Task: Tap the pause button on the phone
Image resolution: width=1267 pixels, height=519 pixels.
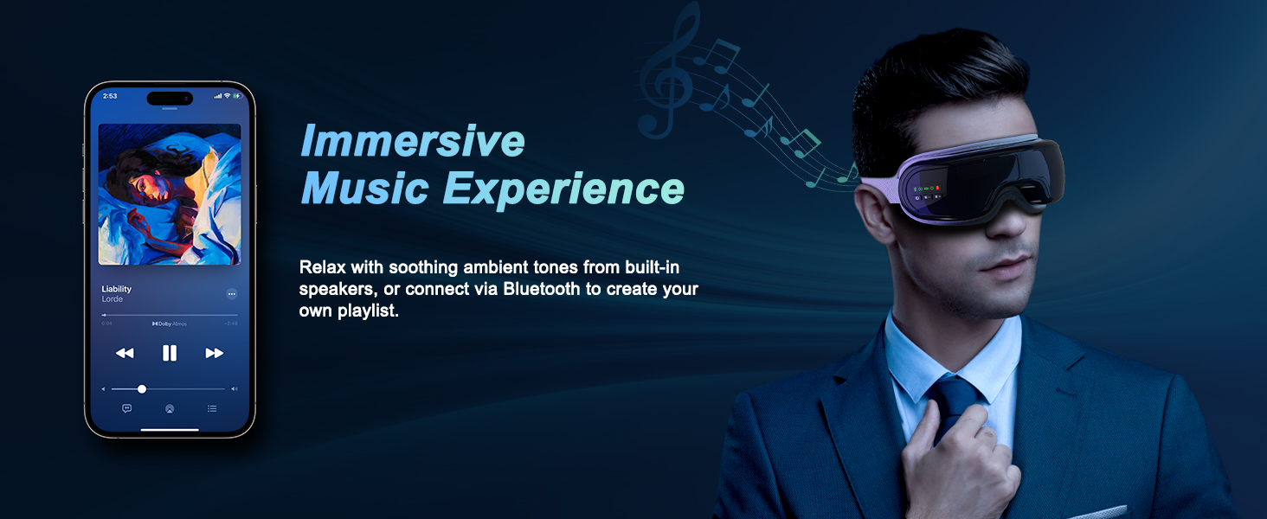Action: point(170,353)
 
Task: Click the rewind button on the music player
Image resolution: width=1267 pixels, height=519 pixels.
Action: point(125,353)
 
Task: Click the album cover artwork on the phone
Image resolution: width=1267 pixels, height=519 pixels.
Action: point(170,194)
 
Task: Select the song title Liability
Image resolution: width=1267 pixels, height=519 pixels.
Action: point(117,289)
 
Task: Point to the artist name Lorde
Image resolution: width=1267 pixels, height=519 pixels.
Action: point(113,299)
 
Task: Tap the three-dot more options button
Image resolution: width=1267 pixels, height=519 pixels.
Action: point(232,294)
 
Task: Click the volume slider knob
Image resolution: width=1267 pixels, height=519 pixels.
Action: point(142,389)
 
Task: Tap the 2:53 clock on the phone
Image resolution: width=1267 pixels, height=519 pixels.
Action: point(110,96)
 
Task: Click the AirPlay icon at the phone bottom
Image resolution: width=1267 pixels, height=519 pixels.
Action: point(170,409)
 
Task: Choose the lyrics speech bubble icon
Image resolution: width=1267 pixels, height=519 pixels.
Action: point(126,408)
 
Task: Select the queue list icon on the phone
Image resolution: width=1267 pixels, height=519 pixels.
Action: point(212,408)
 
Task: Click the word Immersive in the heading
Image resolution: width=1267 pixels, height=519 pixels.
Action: point(412,142)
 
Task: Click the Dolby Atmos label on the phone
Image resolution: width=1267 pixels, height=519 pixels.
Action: point(170,324)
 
